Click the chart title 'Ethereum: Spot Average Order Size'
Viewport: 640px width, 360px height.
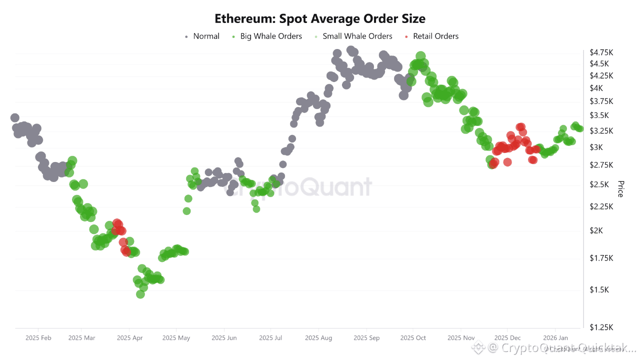(x=320, y=19)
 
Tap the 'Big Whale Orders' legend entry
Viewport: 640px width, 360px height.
(x=271, y=36)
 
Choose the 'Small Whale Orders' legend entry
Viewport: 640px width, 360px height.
(x=357, y=36)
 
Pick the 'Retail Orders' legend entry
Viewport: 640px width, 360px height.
(x=435, y=36)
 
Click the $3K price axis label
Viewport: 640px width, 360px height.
(x=596, y=147)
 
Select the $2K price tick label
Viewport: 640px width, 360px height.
(x=596, y=230)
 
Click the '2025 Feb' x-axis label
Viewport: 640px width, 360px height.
(x=38, y=338)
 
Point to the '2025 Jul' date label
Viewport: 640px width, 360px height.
(x=270, y=338)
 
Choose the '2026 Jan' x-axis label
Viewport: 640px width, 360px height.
(x=555, y=338)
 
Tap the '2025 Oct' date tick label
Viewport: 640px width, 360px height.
(x=413, y=338)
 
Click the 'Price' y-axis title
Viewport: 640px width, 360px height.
(x=620, y=189)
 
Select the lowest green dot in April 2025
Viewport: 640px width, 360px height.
(x=140, y=294)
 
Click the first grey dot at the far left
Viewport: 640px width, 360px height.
(x=15, y=118)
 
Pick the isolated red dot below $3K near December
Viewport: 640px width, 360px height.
(x=507, y=162)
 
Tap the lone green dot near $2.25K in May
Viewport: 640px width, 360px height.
(x=186, y=211)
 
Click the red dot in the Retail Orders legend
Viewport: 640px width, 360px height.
(x=406, y=36)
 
